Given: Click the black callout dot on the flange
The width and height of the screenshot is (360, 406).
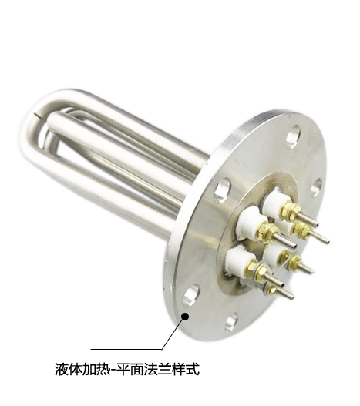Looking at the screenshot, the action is click(185, 317).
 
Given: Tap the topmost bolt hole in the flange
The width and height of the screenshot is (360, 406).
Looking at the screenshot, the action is click(294, 137).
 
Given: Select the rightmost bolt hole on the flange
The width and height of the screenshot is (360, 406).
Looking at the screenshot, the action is click(316, 188).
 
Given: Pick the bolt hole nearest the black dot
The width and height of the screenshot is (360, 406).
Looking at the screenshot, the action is click(191, 295).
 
